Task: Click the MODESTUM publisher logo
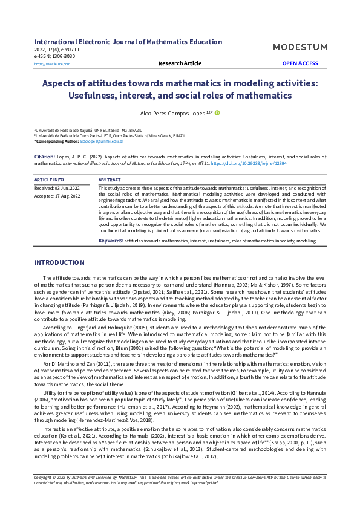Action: tap(299, 47)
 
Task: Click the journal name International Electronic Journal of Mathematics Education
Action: tap(128, 42)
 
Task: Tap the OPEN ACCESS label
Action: tap(300, 63)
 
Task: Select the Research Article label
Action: tap(180, 63)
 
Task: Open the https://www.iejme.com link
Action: tap(52, 64)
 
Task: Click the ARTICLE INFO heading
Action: tap(50, 180)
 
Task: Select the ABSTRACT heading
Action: tap(110, 180)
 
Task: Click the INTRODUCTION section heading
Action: tap(59, 262)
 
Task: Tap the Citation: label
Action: tap(45, 156)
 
